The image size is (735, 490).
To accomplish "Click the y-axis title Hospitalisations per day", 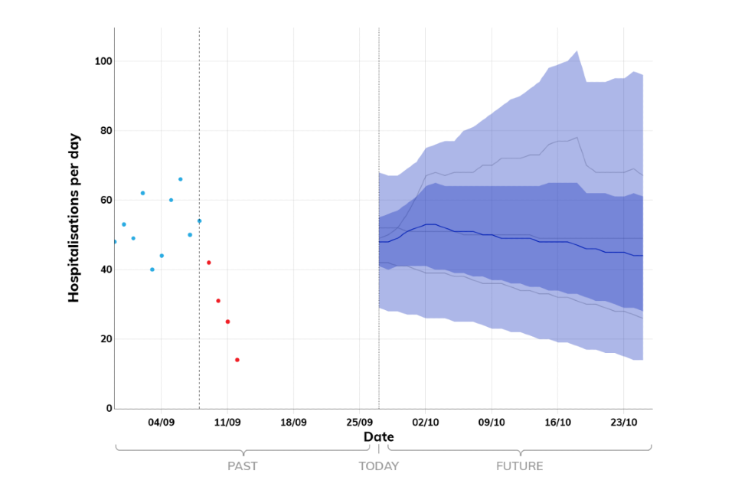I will [74, 218].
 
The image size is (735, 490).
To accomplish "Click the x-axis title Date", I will [378, 436].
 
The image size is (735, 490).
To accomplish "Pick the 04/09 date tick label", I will [162, 422].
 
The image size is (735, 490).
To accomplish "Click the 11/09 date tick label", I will [227, 422].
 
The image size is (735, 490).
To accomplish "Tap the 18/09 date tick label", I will [293, 422].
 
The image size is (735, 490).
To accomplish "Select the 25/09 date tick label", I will [360, 422].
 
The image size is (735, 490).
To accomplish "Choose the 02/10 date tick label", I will [426, 422].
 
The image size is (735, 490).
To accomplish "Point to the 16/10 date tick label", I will [557, 422].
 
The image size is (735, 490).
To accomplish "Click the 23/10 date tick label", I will [624, 422].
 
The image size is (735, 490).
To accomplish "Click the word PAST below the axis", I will [242, 465].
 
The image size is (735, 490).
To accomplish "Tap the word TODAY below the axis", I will [379, 465].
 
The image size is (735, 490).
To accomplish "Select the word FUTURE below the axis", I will [519, 465].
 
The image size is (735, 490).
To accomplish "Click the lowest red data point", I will [237, 360].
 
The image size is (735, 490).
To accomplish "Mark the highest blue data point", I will [181, 179].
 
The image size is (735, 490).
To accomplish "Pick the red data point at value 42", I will [209, 263].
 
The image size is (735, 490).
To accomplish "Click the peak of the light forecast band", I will [577, 51].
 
